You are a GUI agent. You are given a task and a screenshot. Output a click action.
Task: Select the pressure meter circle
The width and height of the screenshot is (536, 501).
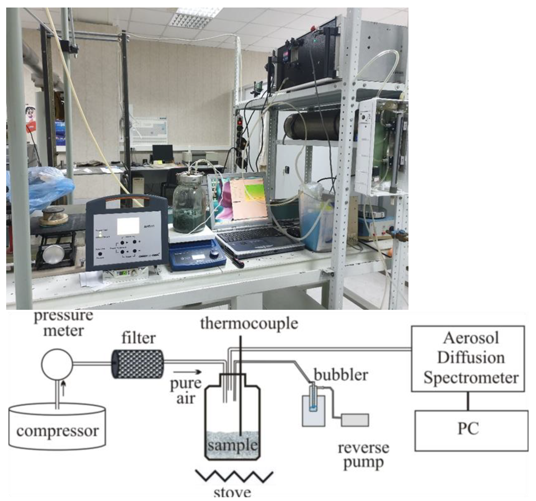click(57, 364)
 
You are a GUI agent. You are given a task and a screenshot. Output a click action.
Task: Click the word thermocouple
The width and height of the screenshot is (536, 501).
click(249, 324)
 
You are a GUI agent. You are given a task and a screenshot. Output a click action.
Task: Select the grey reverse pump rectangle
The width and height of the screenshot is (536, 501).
click(355, 420)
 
